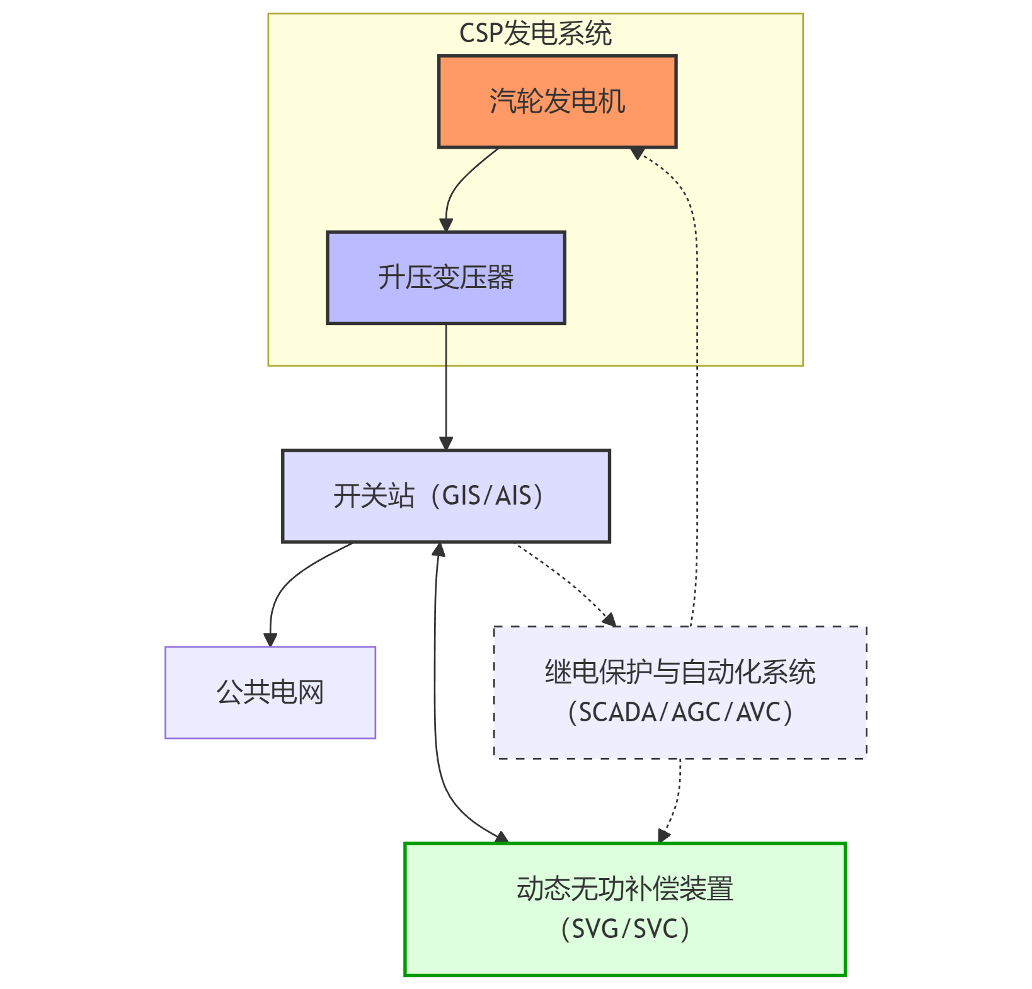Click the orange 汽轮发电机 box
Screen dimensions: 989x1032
coord(557,101)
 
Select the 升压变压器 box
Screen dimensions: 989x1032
coord(445,278)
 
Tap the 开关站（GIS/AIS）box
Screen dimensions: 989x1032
coord(445,496)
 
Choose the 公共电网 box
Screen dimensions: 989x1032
coord(270,692)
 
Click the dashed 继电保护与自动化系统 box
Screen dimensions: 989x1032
coord(680,692)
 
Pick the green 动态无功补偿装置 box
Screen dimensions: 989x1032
coord(624,909)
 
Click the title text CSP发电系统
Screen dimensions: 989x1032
coord(535,33)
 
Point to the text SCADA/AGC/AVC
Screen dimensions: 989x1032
coord(680,712)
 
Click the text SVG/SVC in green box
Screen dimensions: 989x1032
coord(624,929)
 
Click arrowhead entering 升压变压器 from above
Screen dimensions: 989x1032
coord(446,225)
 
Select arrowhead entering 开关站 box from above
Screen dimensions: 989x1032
coord(446,443)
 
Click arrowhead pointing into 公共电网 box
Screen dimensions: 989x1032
coord(270,639)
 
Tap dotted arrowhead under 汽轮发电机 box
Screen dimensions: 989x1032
coord(638,153)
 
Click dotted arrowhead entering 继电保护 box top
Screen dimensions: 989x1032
coord(609,620)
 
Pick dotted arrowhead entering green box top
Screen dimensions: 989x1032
coord(663,835)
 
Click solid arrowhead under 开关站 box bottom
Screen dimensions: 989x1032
coord(439,549)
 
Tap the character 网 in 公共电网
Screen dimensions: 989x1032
coord(311,692)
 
